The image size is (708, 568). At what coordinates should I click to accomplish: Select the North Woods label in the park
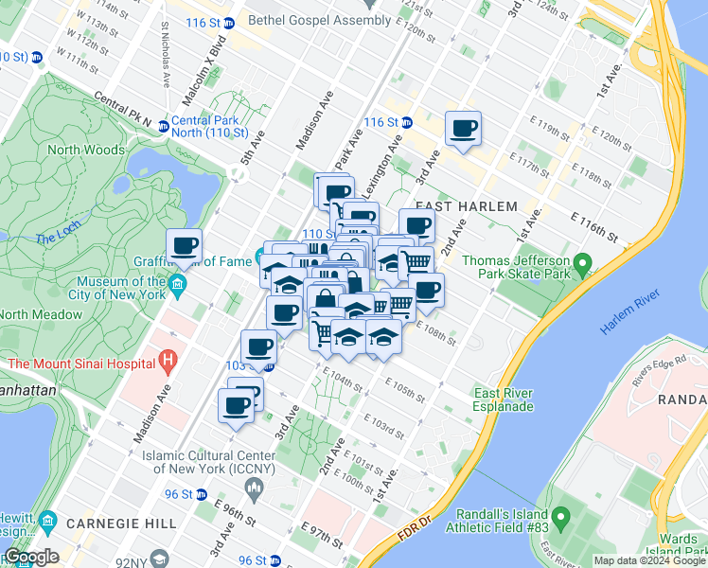pyautogui.click(x=86, y=150)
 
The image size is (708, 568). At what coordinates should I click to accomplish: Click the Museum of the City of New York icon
pyautogui.click(x=178, y=285)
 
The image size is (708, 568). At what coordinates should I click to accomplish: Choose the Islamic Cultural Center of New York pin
pyautogui.click(x=253, y=488)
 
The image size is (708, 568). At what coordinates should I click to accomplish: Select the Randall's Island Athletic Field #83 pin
pyautogui.click(x=560, y=518)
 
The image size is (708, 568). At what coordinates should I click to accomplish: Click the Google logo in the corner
pyautogui.click(x=30, y=557)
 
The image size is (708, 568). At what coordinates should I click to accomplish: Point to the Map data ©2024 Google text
pyautogui.click(x=649, y=560)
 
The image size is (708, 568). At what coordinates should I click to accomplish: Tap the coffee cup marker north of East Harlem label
pyautogui.click(x=463, y=128)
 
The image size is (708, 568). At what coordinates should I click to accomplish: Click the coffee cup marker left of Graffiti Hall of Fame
pyautogui.click(x=185, y=248)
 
